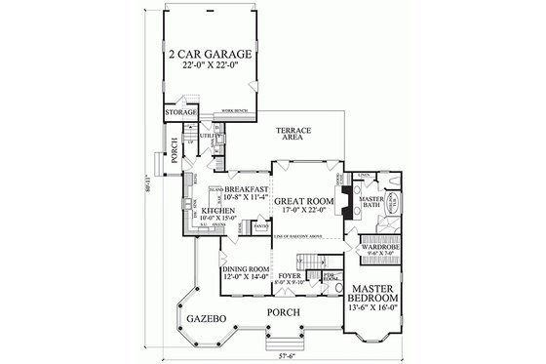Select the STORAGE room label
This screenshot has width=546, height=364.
tap(180, 114)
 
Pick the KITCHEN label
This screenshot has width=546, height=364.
tap(215, 210)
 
